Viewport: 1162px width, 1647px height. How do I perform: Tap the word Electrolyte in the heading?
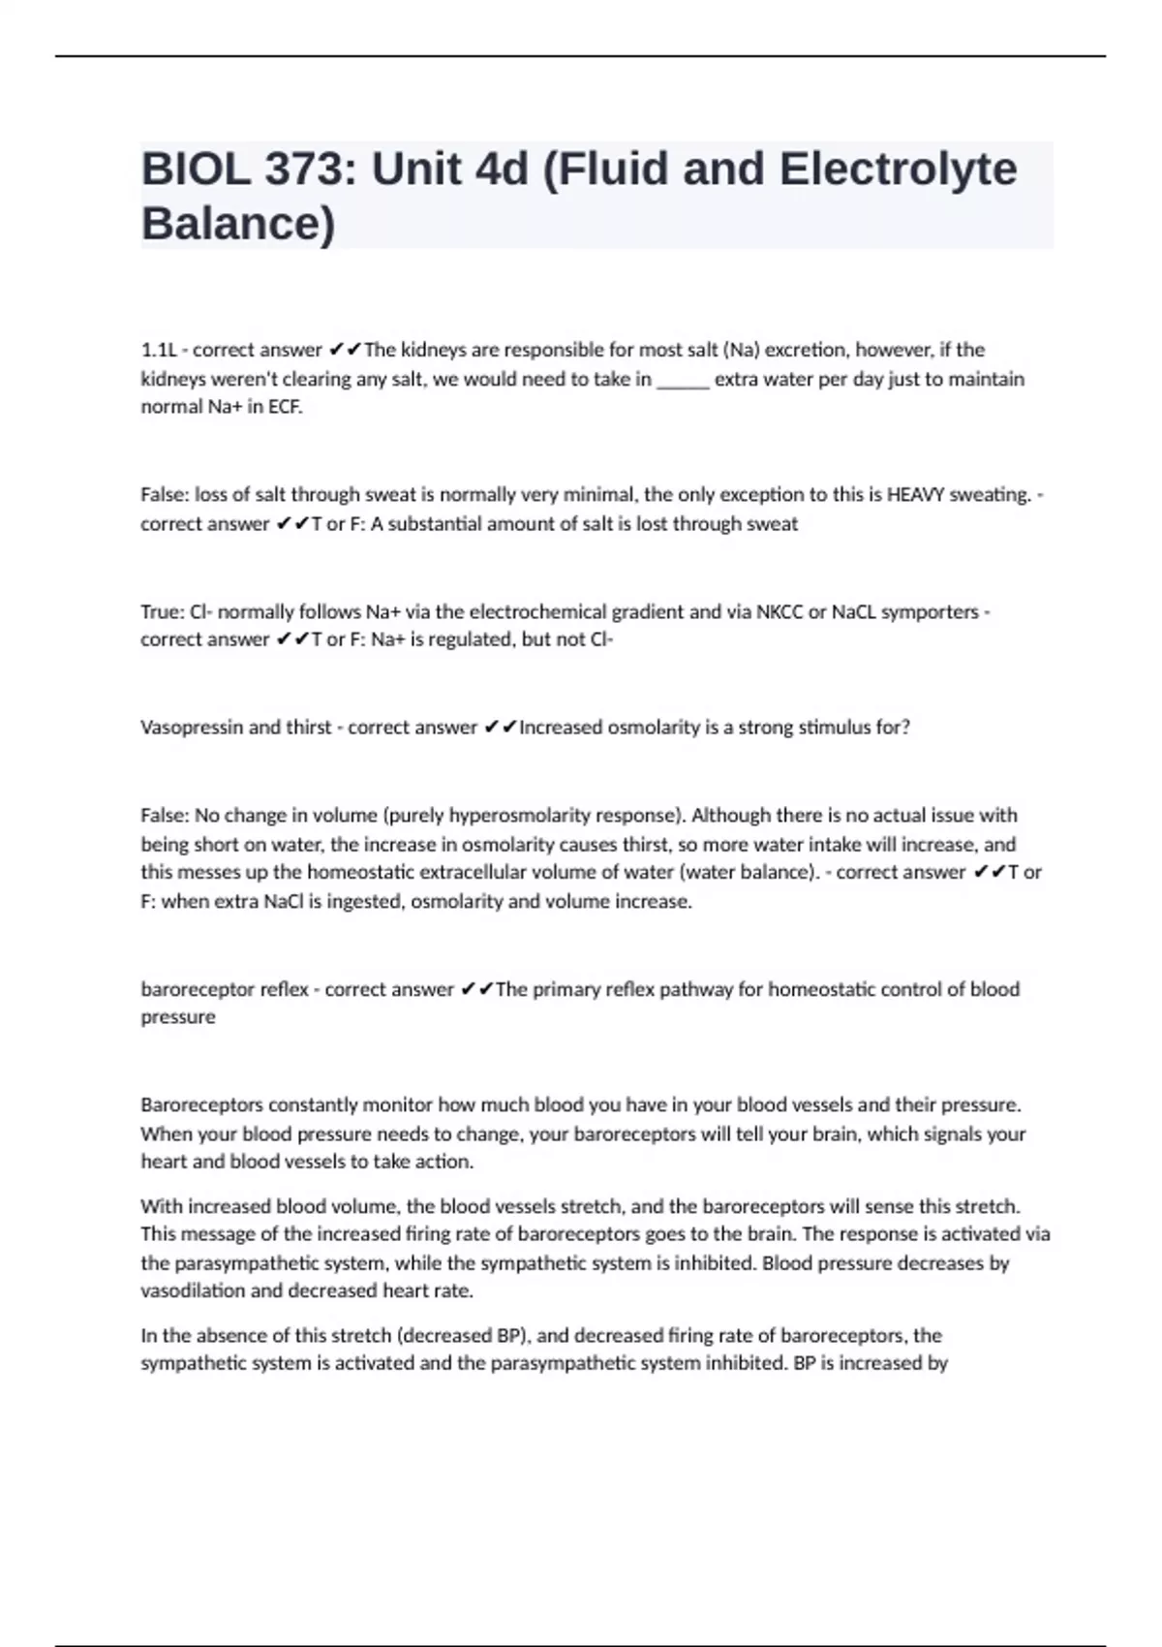pos(898,170)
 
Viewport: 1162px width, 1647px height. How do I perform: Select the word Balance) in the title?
pos(238,223)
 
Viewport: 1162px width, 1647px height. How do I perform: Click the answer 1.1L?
pos(158,350)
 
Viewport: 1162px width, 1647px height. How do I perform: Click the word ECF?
pos(285,407)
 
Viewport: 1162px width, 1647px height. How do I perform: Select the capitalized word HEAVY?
pos(915,495)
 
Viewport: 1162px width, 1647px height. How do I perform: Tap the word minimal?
pos(599,495)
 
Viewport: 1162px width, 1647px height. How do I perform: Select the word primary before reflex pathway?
pos(569,990)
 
